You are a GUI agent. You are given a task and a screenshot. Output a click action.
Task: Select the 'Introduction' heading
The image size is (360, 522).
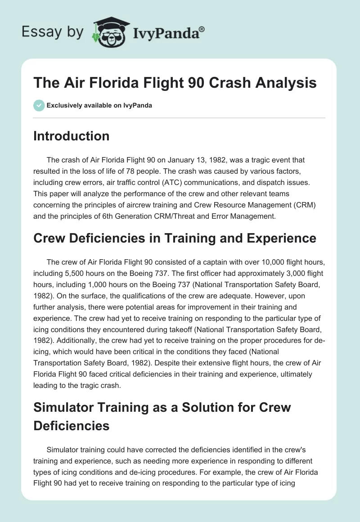(x=71, y=136)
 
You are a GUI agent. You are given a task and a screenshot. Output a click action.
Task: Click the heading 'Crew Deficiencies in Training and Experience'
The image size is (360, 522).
(x=175, y=239)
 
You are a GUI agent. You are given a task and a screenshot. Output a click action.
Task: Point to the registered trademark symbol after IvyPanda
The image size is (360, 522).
(x=202, y=29)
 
